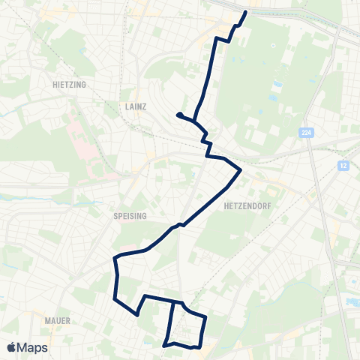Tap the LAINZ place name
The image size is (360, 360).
(133, 108)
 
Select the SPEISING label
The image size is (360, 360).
(132, 214)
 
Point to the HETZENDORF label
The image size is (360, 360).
(247, 204)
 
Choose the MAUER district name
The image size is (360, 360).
(57, 320)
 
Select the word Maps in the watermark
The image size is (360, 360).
(33, 347)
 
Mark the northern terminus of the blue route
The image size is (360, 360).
(247, 13)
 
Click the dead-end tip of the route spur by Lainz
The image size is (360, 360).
(178, 114)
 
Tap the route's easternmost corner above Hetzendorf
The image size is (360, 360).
(240, 171)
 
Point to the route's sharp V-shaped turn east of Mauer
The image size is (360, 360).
(137, 315)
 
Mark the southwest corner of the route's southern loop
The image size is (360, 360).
(164, 345)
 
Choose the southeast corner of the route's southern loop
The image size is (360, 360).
(200, 346)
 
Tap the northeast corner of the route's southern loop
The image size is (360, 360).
(205, 317)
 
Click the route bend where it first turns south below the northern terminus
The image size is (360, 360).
(217, 38)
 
